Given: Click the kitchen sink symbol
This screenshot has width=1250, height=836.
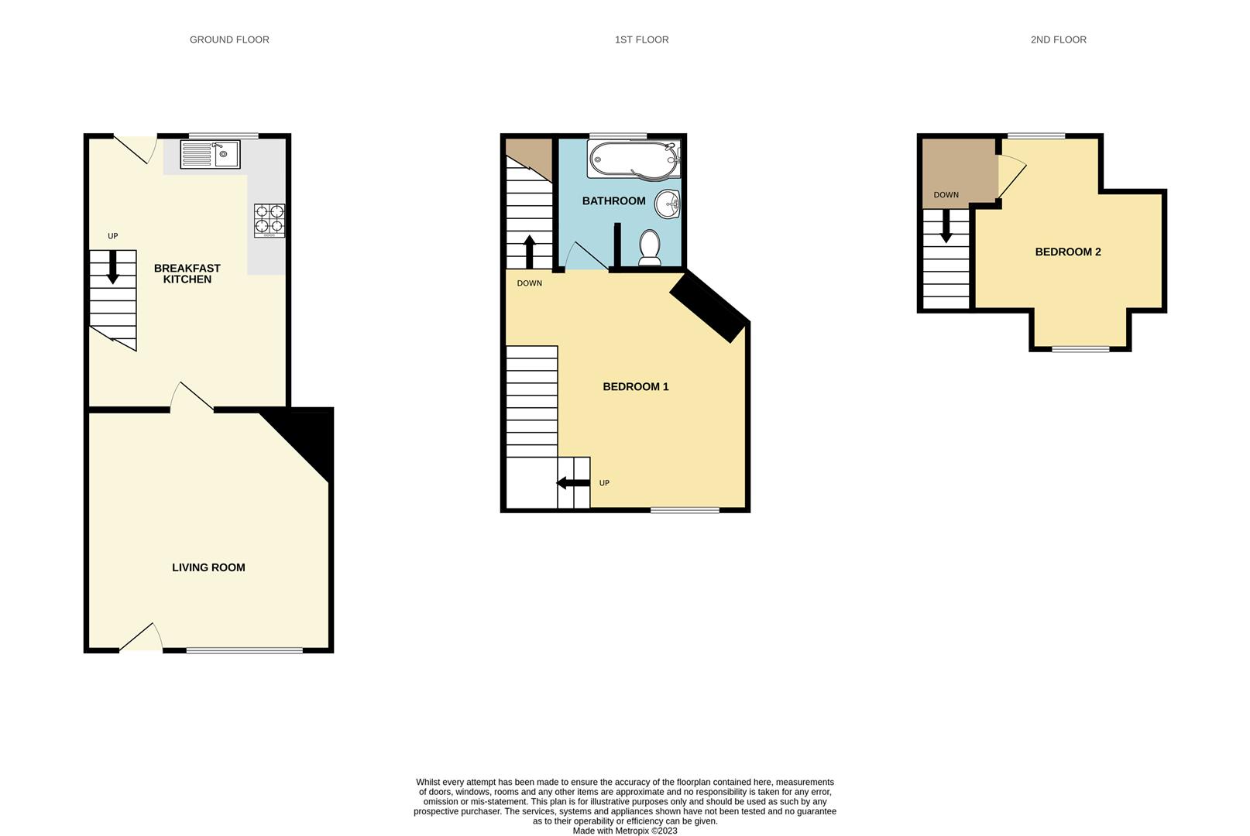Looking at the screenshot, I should (210, 154).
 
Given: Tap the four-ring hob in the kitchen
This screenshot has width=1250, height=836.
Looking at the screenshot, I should (270, 220).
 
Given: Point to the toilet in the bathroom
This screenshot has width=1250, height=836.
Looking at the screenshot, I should (650, 248).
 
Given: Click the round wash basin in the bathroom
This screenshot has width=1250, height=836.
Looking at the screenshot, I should (668, 204).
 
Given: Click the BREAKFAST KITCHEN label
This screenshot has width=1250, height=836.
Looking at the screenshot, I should (187, 273).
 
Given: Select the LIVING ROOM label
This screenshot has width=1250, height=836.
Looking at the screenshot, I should (208, 567).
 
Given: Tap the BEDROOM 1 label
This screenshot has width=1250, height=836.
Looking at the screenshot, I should (635, 386).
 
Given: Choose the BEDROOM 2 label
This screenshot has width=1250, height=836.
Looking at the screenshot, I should (1067, 252).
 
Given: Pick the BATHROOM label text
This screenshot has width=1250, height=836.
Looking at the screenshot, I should (613, 201).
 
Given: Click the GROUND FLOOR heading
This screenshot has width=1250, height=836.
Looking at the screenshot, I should (229, 39).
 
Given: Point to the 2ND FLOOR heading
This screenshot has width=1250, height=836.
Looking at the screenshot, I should (1058, 39).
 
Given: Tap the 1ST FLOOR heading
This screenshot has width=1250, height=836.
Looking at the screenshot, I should (641, 39).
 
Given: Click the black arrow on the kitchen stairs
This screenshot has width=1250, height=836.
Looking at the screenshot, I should (113, 266).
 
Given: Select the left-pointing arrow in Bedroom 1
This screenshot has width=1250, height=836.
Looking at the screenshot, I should (573, 483).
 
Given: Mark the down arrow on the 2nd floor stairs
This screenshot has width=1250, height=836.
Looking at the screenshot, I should (946, 228).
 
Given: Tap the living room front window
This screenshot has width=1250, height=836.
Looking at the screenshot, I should (244, 650).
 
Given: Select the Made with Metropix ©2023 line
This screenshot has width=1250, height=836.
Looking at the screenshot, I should (625, 831).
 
